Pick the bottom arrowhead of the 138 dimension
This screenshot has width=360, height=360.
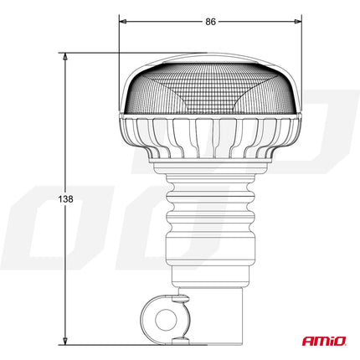point(65,342)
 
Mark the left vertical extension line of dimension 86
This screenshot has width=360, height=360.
point(119,42)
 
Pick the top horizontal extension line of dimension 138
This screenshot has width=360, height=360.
point(92,52)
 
